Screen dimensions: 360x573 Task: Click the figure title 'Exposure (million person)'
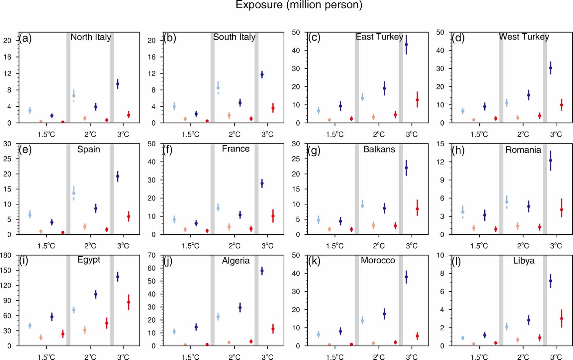coord(299,5)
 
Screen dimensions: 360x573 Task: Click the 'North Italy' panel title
coord(91,37)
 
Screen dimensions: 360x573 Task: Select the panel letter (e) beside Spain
coord(25,150)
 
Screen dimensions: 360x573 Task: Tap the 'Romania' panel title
coord(523,150)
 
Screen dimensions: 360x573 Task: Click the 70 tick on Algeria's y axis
coord(151,255)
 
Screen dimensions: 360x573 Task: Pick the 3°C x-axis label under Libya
coord(556,357)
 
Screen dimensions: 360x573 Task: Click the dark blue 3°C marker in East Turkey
coord(406,44)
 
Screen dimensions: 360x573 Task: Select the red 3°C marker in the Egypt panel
coord(129,302)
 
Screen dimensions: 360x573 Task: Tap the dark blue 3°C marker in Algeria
coord(262,271)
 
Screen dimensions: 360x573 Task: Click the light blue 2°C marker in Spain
coord(74,193)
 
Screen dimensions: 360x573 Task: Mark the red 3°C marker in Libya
coord(562,318)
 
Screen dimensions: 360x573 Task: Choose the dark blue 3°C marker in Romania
coord(550,160)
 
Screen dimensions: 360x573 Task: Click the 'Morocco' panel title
coord(378,260)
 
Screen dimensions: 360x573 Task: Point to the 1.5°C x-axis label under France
coord(190,246)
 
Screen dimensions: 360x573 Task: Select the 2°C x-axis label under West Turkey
coord(523,134)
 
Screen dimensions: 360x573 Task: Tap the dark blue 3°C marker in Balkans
coord(406,168)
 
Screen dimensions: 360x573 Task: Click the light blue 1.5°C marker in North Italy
coord(30,110)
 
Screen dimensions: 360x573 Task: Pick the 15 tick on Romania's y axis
coord(440,144)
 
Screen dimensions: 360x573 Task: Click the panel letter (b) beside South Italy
coord(169,38)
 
